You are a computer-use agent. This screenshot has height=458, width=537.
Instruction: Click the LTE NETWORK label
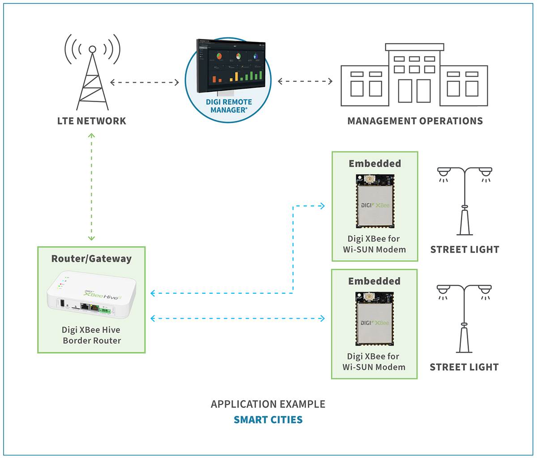92,121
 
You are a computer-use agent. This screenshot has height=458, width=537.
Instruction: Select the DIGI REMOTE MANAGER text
229,106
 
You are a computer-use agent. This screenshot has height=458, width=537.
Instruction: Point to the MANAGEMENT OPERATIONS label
415,121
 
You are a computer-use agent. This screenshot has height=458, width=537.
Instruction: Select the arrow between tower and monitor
145,82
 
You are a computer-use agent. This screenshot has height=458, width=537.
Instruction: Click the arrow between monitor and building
305,81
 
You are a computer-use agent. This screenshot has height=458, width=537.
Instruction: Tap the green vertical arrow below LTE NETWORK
91,187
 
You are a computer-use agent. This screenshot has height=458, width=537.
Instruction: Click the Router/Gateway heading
91,259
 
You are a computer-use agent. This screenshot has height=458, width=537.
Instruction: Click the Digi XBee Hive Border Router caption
92,335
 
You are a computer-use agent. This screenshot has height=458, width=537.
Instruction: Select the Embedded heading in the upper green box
375,164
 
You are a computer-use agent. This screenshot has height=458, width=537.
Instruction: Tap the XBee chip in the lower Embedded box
374,319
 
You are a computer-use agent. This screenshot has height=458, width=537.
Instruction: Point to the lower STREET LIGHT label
464,367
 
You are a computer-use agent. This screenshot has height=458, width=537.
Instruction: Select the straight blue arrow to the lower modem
238,318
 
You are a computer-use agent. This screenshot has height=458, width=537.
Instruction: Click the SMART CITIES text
268,420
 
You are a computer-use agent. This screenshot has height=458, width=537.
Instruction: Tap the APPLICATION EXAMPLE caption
268,404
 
